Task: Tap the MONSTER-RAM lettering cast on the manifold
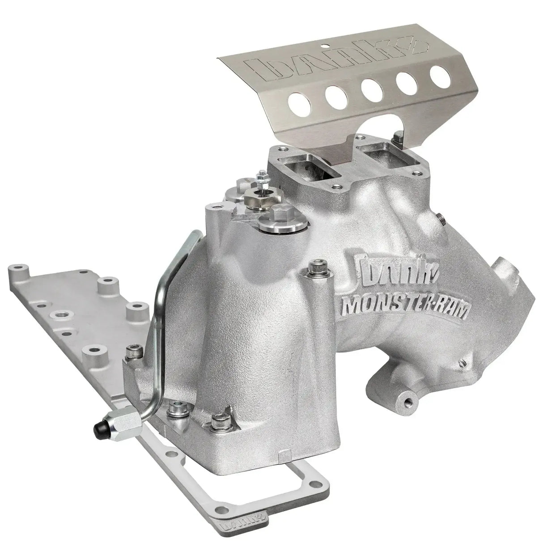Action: point(405,308)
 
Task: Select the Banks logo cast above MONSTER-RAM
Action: point(391,278)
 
